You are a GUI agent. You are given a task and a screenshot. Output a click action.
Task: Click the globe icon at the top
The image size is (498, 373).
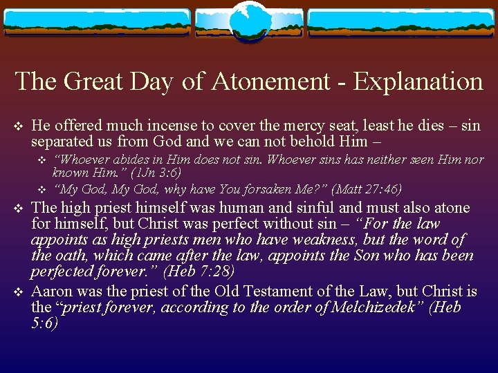[248, 19]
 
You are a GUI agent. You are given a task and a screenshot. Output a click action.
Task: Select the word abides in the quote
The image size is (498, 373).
[122, 160]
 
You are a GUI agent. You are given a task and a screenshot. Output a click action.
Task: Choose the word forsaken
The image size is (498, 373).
[266, 189]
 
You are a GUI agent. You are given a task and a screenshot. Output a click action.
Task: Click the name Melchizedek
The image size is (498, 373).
[381, 307]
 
